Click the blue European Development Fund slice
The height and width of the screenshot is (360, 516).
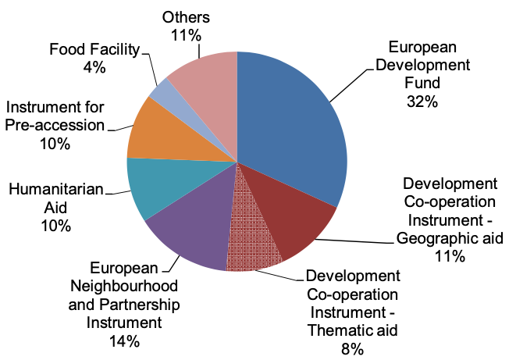pos(293,125)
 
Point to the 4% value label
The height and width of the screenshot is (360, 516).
pos(93,68)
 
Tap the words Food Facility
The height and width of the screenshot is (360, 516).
pos(94,49)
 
